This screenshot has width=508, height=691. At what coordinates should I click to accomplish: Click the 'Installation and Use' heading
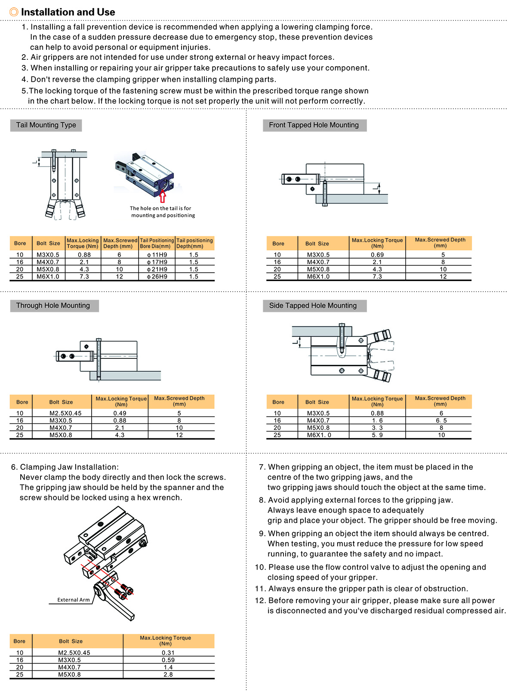coord(68,12)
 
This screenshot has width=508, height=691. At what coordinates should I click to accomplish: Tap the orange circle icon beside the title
coord(14,12)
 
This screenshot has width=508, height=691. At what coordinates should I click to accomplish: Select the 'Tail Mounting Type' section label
coord(46,125)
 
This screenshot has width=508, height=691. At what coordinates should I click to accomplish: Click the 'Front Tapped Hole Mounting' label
coord(314,125)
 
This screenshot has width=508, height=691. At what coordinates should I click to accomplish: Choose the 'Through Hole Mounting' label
coord(53,306)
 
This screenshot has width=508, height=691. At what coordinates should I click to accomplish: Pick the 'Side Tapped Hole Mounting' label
coord(313,306)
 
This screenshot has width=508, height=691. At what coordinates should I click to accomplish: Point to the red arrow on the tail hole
coord(163,196)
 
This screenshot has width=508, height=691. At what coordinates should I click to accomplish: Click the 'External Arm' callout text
coord(74,600)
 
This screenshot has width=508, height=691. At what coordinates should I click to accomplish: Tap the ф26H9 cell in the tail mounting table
coord(157,277)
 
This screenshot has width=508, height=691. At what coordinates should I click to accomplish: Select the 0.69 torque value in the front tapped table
coord(377,255)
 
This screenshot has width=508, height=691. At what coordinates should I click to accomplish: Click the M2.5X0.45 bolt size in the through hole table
coord(65,413)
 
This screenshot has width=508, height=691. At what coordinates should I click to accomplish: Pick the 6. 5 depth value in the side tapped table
coord(441,420)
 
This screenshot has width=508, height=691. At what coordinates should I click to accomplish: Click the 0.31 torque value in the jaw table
coord(168,653)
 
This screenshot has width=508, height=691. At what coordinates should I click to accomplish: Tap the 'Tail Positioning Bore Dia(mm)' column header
coord(157,243)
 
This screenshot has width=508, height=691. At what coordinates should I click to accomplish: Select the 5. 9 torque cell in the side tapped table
coord(377,435)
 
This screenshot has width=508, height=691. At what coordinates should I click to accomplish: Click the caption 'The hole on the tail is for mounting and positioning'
coord(163,212)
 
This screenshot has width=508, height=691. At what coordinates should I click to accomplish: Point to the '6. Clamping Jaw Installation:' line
coord(65,467)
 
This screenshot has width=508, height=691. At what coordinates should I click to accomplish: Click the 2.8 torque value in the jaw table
coord(168,675)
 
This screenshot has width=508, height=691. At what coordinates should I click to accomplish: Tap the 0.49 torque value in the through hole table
coord(120,413)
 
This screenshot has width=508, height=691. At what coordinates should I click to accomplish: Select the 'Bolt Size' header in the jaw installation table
coord(71,641)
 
